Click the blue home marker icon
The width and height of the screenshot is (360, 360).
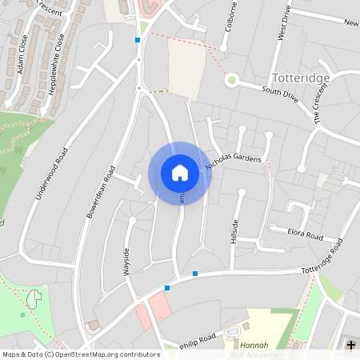[180, 172]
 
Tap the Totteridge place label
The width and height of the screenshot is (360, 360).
[301, 78]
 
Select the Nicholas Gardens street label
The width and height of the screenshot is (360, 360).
[234, 162]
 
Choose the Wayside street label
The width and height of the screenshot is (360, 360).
[126, 261]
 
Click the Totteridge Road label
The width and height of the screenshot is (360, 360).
[322, 257]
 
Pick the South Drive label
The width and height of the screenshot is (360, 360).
[279, 93]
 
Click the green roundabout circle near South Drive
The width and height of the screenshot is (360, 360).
[232, 79]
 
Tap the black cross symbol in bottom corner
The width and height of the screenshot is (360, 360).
[351, 344]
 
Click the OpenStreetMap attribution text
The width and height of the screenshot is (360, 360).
[80, 354]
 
